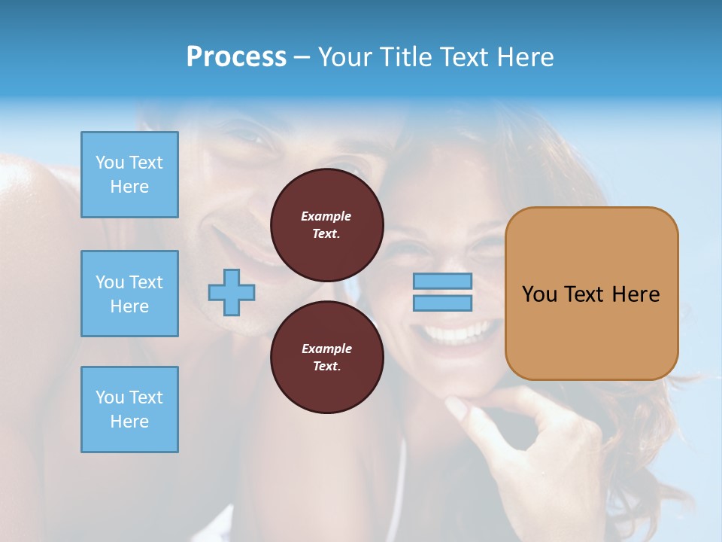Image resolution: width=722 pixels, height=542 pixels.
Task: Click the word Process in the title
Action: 236,57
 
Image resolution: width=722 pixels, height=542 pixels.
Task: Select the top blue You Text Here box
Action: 129,175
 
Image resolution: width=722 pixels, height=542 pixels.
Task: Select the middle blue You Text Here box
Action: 129,294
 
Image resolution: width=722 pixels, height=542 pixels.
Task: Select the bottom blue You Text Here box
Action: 129,410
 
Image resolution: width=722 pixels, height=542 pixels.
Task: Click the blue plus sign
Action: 232,292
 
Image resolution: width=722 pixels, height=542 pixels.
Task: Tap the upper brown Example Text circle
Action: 326,225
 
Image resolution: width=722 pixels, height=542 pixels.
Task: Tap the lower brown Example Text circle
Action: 326,358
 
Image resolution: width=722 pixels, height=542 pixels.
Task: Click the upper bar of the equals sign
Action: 442,282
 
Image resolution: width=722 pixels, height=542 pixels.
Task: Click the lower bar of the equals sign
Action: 442,303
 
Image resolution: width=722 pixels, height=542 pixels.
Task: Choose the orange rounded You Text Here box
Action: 591,294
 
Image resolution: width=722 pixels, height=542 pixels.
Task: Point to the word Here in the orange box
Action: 636,294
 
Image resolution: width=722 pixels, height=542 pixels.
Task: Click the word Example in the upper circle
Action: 326,216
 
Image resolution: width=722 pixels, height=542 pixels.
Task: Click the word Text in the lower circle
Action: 326,367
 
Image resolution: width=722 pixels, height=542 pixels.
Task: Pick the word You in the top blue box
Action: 110,163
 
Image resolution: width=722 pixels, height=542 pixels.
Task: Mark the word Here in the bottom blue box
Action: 129,422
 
